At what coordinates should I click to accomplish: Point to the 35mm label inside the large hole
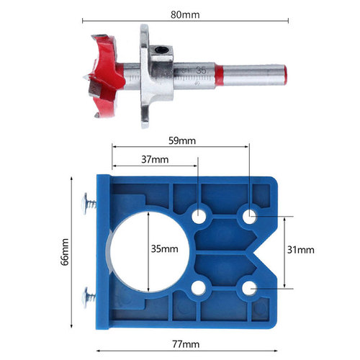point(164,249)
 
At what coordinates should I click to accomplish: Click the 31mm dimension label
point(301,249)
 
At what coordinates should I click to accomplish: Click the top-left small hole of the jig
point(198,215)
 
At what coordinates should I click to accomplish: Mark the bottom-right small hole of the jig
point(250,287)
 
